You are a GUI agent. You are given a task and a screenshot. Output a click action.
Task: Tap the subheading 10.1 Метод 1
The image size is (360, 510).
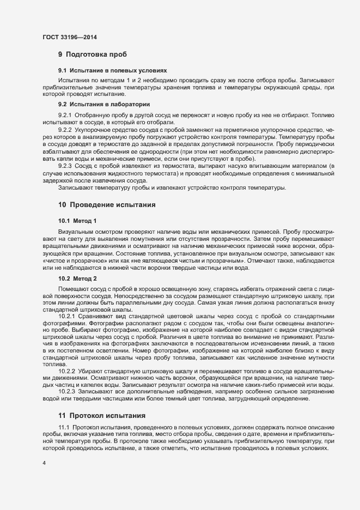77,221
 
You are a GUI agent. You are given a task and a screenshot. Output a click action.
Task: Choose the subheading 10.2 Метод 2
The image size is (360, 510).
77,278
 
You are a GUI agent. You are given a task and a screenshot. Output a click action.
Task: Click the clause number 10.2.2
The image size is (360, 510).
67,371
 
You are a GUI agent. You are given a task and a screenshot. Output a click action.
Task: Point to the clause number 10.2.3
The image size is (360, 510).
67,392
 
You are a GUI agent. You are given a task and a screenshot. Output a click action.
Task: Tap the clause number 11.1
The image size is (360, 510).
64,427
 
